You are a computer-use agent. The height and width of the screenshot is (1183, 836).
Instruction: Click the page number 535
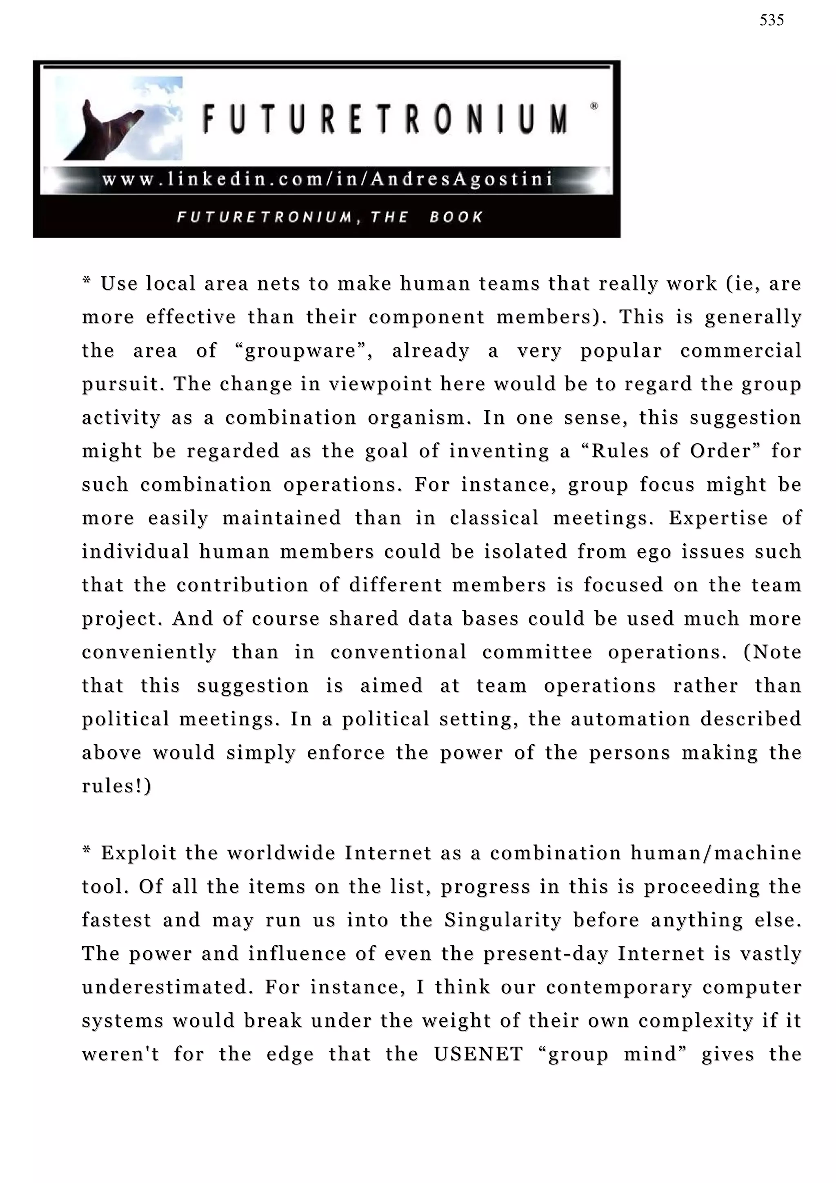(771, 20)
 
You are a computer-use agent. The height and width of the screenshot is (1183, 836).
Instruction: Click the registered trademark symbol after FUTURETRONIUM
(594, 106)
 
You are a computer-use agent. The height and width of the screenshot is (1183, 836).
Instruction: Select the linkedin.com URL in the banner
(327, 179)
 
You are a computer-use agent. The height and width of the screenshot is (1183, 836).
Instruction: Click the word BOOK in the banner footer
(456, 217)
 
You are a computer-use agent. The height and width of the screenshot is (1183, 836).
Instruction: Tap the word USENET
(478, 1054)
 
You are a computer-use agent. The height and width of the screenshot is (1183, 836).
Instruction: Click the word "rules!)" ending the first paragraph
(116, 786)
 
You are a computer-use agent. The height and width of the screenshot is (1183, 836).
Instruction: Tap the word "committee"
(537, 652)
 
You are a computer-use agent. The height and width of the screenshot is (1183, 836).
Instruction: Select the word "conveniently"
(149, 652)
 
